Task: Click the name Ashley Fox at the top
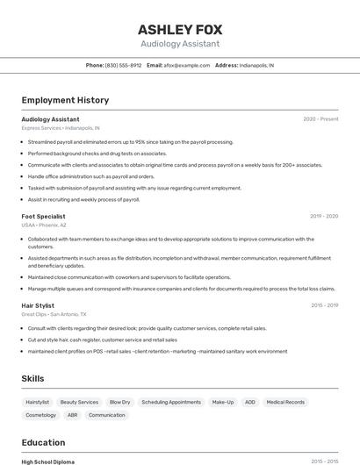[180, 28]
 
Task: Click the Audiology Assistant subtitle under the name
[180, 44]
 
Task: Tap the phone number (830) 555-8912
[123, 65]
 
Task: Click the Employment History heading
[65, 100]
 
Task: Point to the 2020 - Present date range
[320, 119]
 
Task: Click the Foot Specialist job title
[43, 216]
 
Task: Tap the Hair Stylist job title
[39, 305]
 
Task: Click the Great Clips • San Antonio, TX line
[54, 314]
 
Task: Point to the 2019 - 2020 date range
[324, 216]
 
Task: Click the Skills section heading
[33, 378]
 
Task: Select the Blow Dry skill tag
[119, 402]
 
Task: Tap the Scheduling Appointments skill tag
[171, 402]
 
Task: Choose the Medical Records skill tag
[285, 402]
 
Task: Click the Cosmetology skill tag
[40, 415]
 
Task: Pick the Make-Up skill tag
[223, 402]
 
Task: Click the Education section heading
[43, 442]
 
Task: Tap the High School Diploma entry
[48, 461]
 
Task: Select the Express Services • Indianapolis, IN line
[61, 128]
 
